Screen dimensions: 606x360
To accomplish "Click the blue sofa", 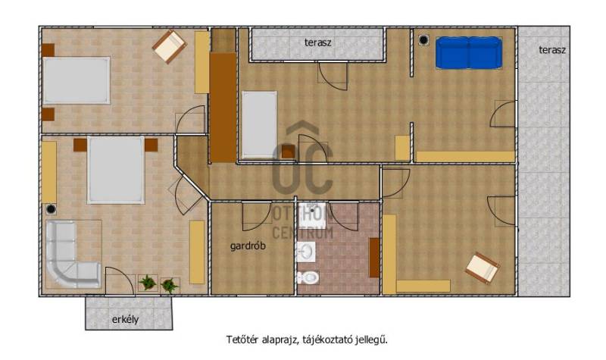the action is pyautogui.click(x=469, y=53).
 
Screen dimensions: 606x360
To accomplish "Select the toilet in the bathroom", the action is pyautogui.click(x=308, y=277).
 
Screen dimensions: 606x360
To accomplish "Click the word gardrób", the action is pyautogui.click(x=248, y=246).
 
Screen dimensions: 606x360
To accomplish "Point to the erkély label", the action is pyautogui.click(x=125, y=320).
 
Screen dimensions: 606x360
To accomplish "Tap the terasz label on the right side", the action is pyautogui.click(x=552, y=50).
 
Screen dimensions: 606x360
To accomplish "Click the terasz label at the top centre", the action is pyautogui.click(x=317, y=42).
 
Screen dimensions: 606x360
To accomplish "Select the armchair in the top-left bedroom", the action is pyautogui.click(x=169, y=47).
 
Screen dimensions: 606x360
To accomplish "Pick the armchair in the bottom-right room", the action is pyautogui.click(x=482, y=268).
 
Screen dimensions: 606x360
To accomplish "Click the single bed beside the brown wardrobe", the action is pyautogui.click(x=259, y=124).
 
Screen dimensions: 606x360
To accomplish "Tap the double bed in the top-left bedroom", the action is pyautogui.click(x=77, y=80).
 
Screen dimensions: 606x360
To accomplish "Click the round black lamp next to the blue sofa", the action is pyautogui.click(x=423, y=40).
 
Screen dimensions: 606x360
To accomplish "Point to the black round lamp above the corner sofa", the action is pyautogui.click(x=51, y=209).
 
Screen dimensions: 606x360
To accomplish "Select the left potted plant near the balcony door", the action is pyautogui.click(x=148, y=283).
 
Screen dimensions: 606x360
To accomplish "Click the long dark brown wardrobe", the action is pyautogui.click(x=223, y=107).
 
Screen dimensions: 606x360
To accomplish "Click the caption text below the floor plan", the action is pyautogui.click(x=307, y=340).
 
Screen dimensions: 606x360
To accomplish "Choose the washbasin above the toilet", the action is pyautogui.click(x=306, y=252).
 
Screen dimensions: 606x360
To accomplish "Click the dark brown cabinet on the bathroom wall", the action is pyautogui.click(x=374, y=258).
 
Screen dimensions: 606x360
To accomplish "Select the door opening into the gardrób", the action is pyautogui.click(x=257, y=216).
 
